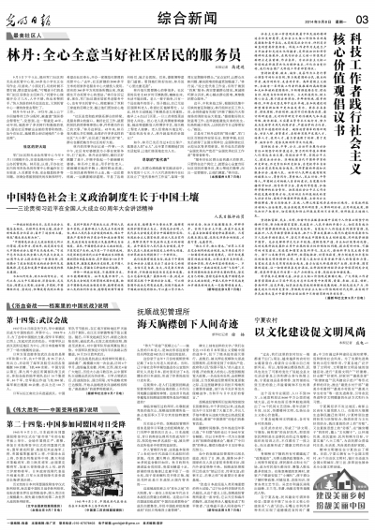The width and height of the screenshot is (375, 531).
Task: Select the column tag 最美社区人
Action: point(30,34)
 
